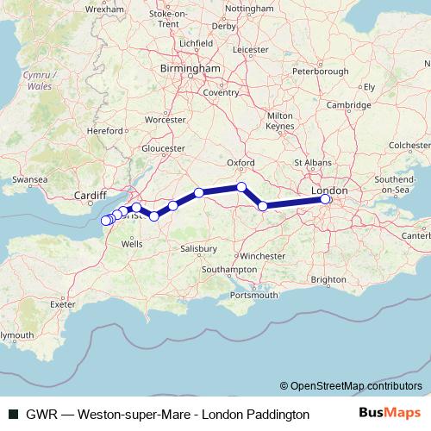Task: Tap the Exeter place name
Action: pos(63,304)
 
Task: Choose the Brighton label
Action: pos(328,279)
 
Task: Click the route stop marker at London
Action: pos(326,200)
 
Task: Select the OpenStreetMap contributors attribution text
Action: pos(356,385)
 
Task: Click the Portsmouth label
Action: pos(254,296)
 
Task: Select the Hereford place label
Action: pos(104,130)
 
